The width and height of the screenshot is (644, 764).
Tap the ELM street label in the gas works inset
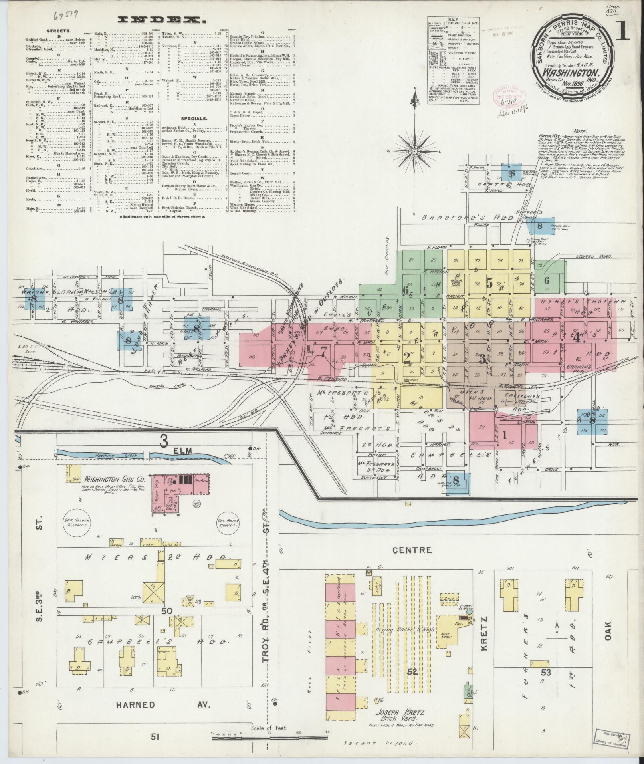[184, 451]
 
